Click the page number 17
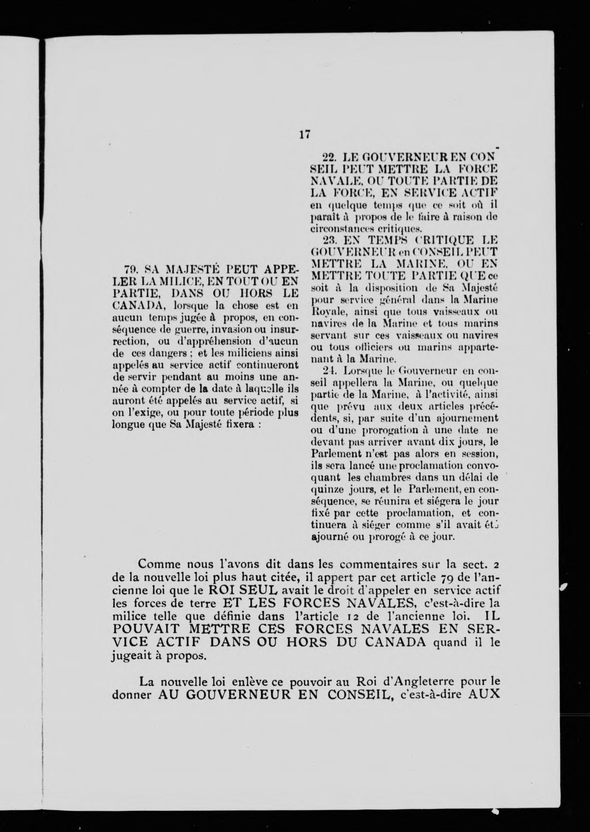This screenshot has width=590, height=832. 305,134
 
